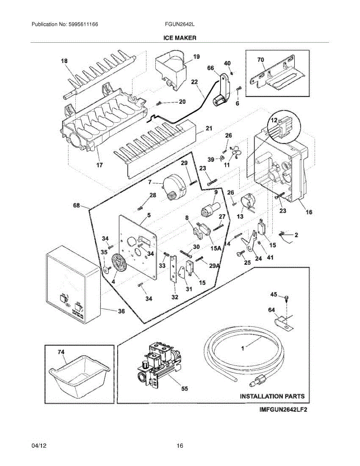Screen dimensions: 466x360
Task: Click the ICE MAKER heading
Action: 179,38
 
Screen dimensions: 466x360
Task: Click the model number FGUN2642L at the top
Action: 179,24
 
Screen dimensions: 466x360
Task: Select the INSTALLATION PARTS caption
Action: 272,396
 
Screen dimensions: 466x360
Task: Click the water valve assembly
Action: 159,363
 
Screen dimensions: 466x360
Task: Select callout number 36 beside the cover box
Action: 121,311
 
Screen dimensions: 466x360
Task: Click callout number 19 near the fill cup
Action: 196,57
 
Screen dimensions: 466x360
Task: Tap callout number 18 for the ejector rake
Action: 64,61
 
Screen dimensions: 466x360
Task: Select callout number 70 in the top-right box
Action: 261,60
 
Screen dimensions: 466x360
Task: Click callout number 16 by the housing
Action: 309,212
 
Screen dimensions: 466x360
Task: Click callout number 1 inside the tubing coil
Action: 242,349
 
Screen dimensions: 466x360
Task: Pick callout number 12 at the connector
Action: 274,121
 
